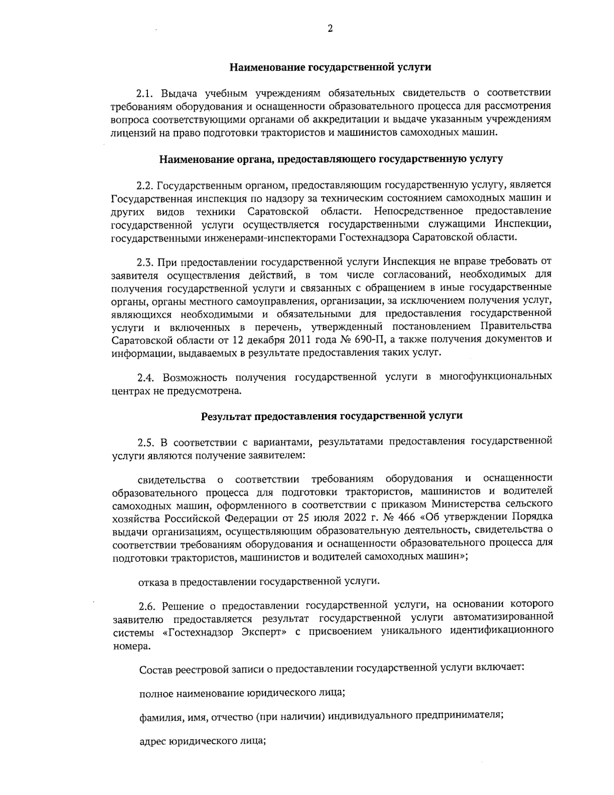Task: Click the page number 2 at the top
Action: [330, 29]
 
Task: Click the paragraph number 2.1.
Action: [146, 93]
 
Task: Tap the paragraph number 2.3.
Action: [146, 263]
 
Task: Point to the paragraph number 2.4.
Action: [146, 377]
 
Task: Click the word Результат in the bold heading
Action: [225, 416]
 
